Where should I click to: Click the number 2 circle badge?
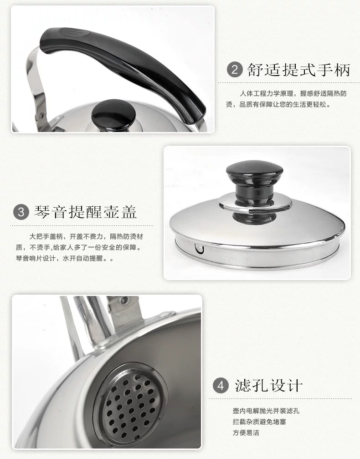coord(235,70)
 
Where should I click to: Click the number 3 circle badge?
coord(21,212)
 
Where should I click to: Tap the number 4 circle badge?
coord(220,386)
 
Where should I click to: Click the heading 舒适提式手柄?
coord(298,70)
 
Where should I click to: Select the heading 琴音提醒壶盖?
coord(85,212)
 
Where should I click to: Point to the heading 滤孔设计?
coord(268,386)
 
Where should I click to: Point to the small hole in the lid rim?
coord(199,249)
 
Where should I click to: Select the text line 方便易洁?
coord(246,433)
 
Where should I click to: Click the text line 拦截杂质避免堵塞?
coord(259,422)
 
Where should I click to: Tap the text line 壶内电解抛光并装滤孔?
coord(266,411)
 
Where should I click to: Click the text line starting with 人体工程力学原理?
coord(293,94)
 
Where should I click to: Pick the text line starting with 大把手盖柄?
coord(87,236)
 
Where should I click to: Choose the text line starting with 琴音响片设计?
coord(64,259)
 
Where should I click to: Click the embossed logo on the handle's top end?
coord(71,32)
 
